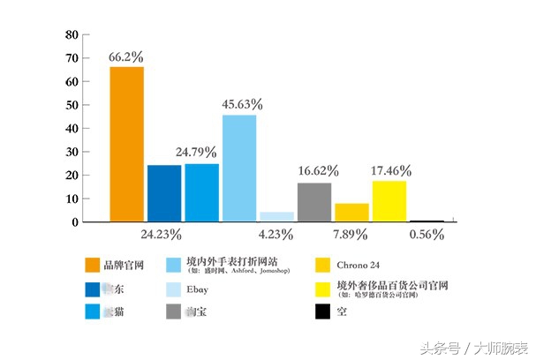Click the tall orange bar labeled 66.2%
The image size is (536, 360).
tap(126, 144)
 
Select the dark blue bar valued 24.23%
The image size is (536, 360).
tap(164, 193)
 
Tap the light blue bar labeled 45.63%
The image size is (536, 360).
tap(239, 168)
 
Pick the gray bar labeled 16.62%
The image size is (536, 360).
tap(314, 202)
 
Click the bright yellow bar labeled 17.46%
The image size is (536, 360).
tap(389, 201)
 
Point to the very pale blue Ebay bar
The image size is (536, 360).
tap(276, 216)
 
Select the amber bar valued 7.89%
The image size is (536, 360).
tap(351, 213)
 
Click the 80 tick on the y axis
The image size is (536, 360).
tap(73, 35)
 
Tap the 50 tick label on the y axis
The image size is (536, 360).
tap(73, 105)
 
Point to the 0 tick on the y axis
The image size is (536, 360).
tap(76, 222)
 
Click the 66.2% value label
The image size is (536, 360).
tap(126, 56)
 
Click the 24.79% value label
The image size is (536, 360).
tap(195, 152)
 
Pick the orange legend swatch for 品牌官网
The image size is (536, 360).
tap(93, 265)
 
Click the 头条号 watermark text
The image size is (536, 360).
tap(438, 348)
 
